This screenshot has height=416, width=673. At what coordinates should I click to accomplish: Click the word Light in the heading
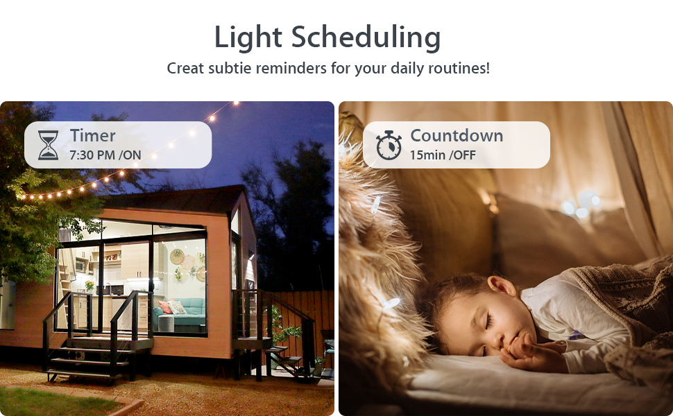pos(248,37)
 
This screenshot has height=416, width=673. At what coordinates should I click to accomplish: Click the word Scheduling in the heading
pos(366,37)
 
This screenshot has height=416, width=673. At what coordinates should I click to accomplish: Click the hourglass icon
pos(48,146)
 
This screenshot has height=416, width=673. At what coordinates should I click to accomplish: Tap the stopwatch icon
pos(389,146)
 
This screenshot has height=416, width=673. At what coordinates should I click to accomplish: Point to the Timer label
pos(93,135)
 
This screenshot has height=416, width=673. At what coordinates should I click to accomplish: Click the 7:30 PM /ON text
pos(105,155)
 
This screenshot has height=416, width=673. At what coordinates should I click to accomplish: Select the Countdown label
pos(457,135)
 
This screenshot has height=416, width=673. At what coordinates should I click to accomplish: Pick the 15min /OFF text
pos(443,155)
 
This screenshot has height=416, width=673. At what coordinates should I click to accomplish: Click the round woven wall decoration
pos(177,257)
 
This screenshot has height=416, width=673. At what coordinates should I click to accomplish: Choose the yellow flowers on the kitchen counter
pos(89,285)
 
